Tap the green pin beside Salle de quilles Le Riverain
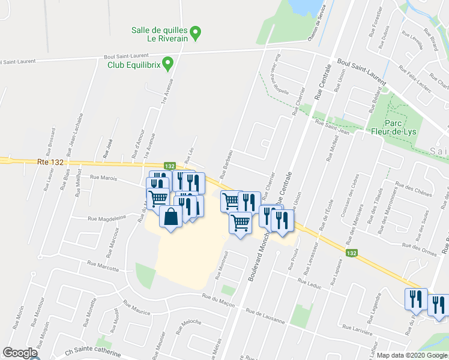[195, 31]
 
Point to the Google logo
[20, 353]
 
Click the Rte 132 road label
[50, 161]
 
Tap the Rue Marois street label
[103, 178]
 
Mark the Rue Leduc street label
[310, 284]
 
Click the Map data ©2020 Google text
[412, 355]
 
